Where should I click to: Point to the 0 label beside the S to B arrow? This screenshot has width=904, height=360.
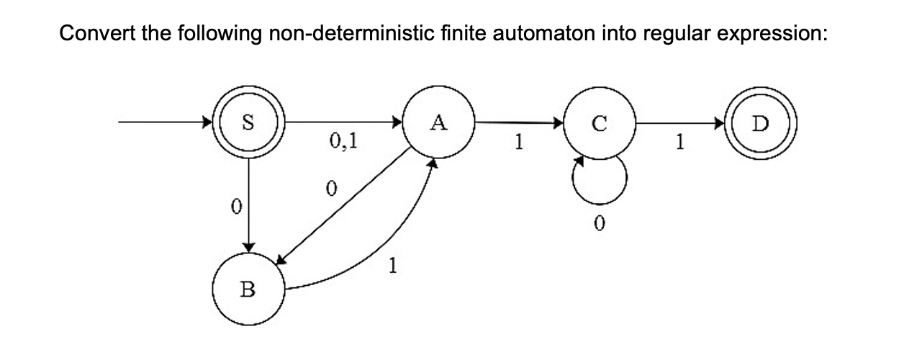tap(233, 206)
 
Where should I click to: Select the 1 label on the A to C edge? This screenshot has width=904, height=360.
tap(516, 142)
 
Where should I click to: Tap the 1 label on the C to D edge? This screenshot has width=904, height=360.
tap(678, 142)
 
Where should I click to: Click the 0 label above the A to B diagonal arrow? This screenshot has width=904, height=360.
tap(330, 189)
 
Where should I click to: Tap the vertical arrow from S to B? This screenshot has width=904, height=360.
tap(248, 202)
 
